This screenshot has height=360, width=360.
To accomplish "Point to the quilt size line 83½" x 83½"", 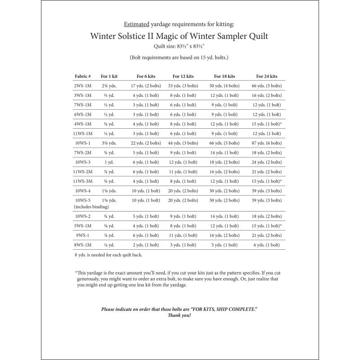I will point(180,46).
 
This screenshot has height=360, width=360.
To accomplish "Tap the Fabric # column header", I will point(83,76).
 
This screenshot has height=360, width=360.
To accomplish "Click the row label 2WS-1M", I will point(83,85).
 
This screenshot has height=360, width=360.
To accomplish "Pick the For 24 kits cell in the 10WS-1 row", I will point(269,143).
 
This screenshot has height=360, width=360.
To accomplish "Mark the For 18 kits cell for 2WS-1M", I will point(225,85).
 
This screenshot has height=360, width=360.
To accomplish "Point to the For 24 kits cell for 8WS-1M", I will point(269,245).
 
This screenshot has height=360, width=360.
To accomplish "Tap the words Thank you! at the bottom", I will point(180,315).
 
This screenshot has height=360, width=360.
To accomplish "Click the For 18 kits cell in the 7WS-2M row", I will point(225,153).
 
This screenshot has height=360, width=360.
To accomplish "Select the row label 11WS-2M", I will point(83,171).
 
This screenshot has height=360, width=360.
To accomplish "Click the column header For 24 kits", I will point(267,76).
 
